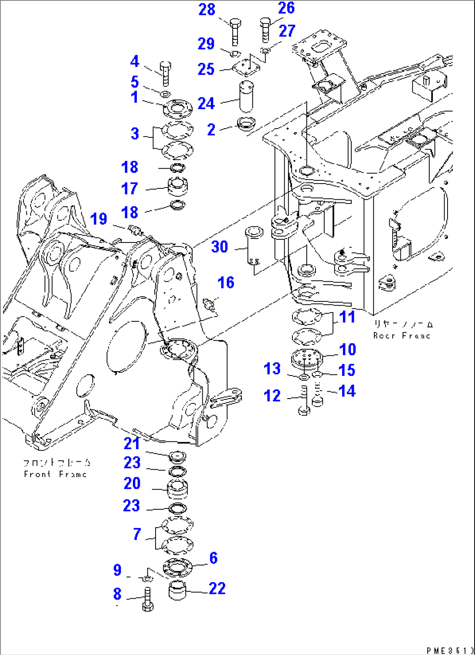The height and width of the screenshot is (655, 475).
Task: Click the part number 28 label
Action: point(207,10)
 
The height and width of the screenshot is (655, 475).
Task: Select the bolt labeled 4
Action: point(165,74)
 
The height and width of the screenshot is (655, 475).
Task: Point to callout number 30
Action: point(220,247)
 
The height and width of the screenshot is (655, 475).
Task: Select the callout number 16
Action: point(226,283)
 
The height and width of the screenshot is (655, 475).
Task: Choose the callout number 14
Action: point(347,391)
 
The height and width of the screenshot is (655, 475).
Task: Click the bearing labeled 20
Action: point(177,488)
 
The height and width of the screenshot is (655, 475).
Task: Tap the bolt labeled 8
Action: point(148,600)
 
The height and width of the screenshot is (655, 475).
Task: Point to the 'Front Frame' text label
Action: point(55,474)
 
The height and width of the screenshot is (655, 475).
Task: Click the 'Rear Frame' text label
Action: point(402,335)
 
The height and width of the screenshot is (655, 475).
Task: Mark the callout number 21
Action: point(132,443)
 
